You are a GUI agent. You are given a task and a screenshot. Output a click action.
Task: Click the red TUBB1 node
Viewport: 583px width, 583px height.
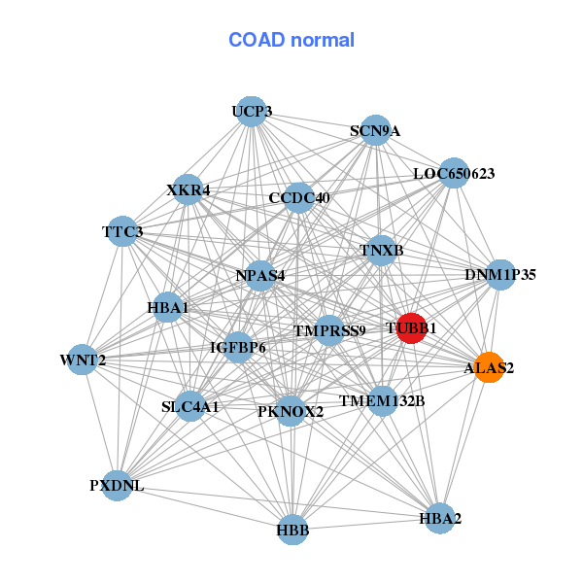click(411, 328)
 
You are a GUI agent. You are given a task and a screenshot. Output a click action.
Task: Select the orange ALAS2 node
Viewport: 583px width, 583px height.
click(490, 367)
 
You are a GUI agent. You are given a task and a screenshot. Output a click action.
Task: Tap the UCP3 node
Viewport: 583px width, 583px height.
click(252, 112)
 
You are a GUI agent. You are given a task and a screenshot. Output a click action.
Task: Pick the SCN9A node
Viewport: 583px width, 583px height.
click(376, 130)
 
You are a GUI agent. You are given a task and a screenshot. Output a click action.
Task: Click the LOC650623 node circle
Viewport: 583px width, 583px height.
click(454, 173)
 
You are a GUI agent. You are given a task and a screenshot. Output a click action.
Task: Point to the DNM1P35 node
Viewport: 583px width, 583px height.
click(500, 275)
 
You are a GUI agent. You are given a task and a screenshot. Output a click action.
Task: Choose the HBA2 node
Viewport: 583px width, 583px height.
click(440, 518)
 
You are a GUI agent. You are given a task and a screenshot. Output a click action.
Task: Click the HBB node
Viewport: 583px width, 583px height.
click(293, 530)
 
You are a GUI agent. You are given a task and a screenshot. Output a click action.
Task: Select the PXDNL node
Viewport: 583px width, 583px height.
click(118, 486)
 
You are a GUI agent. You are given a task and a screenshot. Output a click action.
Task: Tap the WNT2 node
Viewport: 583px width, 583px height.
click(83, 360)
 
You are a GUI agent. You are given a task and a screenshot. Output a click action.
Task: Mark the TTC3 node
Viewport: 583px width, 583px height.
click(122, 231)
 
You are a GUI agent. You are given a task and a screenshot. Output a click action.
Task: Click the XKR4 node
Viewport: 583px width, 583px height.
click(189, 189)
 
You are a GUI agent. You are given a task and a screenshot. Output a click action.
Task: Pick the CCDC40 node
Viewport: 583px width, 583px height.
click(299, 198)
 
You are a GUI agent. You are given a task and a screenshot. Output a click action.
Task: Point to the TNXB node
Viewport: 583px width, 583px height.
click(381, 251)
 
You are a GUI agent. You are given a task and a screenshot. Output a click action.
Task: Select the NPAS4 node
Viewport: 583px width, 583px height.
click(260, 276)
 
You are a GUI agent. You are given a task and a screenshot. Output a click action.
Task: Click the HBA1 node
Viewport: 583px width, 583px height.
click(168, 307)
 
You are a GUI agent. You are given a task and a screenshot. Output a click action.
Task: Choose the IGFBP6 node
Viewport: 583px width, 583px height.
click(238, 347)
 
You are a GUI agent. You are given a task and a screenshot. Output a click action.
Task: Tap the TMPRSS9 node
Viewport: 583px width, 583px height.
click(329, 330)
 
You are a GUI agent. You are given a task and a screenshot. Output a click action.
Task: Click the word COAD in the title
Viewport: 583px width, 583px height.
click(257, 40)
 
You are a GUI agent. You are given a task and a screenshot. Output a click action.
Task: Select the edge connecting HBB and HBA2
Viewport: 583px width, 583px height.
click(366, 525)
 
